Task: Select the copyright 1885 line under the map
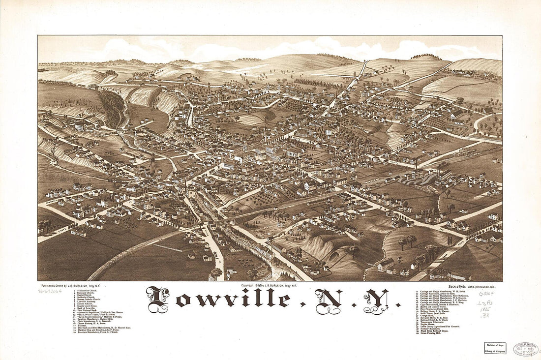pyautogui.click(x=269, y=285)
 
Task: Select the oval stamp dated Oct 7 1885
pyautogui.click(x=525, y=349)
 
